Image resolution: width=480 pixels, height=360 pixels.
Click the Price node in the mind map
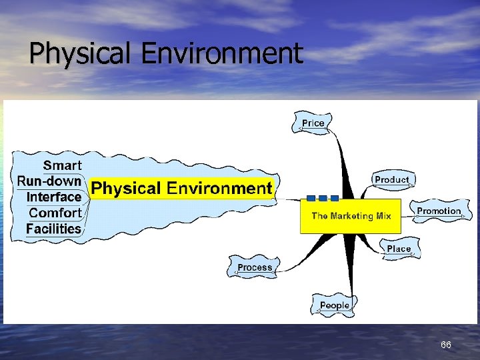pos(313,123)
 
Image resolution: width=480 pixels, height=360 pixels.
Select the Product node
pos(391,180)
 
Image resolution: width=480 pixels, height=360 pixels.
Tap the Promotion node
pos(439,211)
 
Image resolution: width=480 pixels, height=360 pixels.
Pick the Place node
pos(399,249)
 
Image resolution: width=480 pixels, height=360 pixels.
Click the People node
pos(334,305)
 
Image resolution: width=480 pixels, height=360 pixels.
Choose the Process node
pos(255,267)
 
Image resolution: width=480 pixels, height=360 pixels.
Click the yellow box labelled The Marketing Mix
pos(351,216)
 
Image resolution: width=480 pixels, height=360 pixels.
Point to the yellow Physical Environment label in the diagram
pos(181,189)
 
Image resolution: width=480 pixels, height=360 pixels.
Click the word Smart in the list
pos(63,165)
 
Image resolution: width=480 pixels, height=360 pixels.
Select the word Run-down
pos(49,181)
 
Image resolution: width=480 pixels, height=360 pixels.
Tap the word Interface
pos(54,197)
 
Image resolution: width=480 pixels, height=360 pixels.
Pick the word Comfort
pos(55,213)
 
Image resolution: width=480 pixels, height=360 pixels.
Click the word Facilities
pos(54,229)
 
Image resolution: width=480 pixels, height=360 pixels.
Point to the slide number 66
pos(446,345)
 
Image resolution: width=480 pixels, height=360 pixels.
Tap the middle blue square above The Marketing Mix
pos(322,198)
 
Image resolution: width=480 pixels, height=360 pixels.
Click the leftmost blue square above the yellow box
pos(310,198)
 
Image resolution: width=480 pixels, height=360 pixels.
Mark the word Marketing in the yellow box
pos(353,216)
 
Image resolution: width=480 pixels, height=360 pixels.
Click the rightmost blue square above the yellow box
pos(334,198)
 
